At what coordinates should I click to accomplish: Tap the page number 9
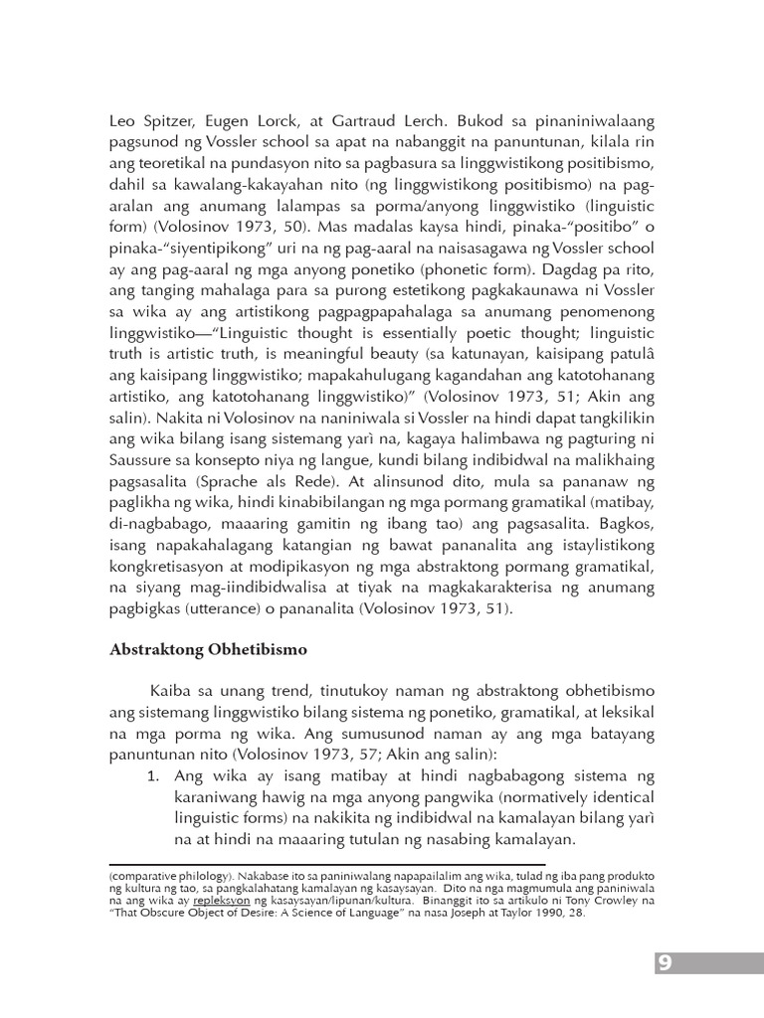tap(665, 962)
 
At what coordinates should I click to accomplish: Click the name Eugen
tap(230, 119)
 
